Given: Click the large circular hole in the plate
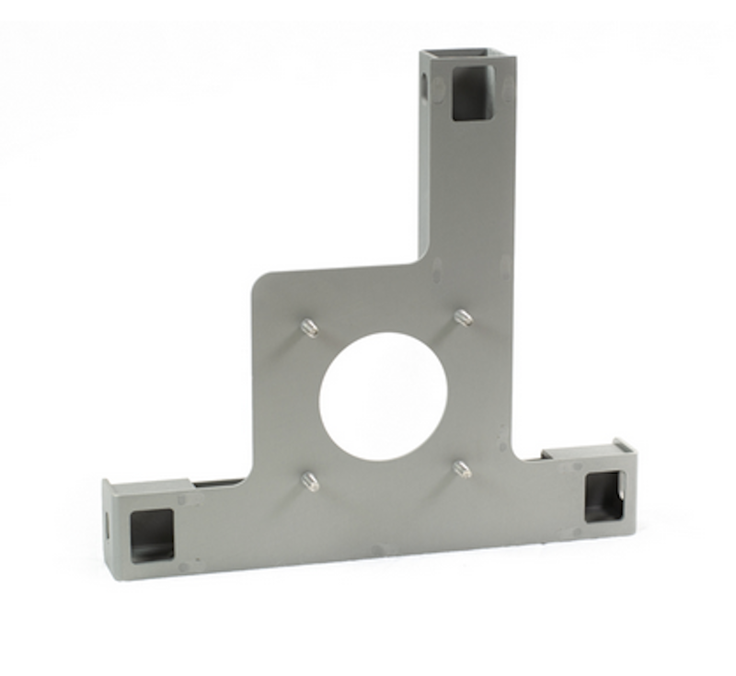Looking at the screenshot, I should click(383, 396).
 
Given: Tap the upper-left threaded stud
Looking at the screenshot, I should click(310, 327).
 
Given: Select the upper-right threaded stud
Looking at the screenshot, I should click(463, 318).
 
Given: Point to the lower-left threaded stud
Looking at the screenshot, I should click(310, 480).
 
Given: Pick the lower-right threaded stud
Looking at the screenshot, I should click(463, 470).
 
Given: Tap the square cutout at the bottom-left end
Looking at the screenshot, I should click(152, 535).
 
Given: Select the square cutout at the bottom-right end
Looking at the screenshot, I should click(604, 496).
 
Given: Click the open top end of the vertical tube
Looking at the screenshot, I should click(467, 56).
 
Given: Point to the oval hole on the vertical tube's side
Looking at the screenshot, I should click(425, 87).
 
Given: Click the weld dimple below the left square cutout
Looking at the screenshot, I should click(183, 567).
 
